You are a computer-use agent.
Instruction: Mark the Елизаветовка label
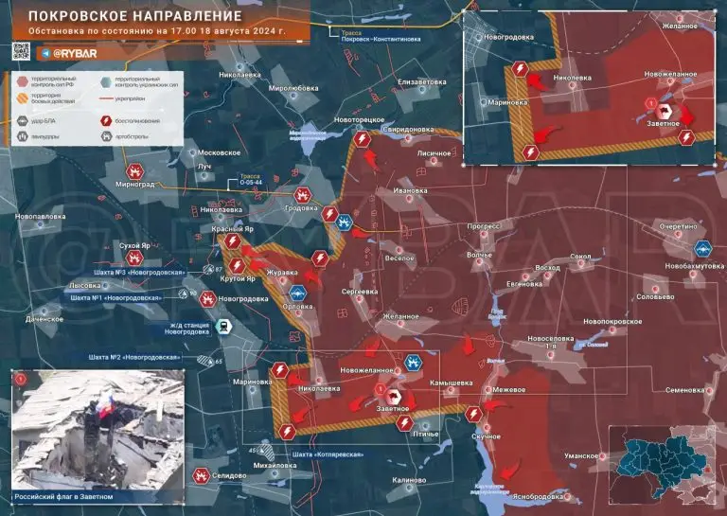click(421, 81)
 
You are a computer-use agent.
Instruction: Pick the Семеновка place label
click(684, 389)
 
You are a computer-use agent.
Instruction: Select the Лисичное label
click(434, 151)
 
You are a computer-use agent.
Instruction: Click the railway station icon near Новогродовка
click(222, 327)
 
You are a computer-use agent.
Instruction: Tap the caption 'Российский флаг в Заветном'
click(63, 496)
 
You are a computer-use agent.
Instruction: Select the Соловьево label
click(655, 297)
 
